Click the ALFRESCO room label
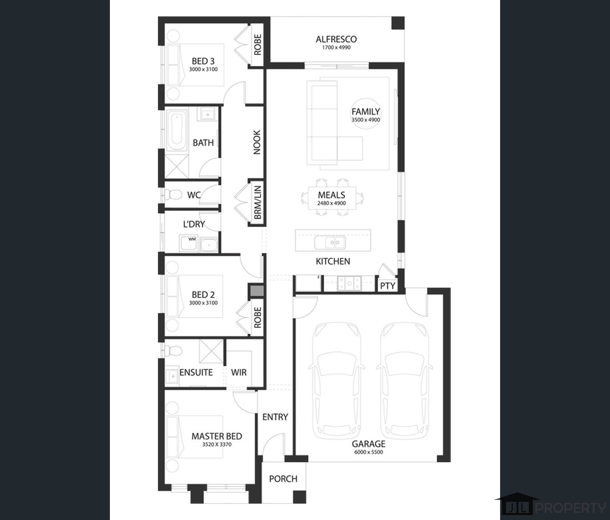(336, 39)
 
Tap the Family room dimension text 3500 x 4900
(366, 120)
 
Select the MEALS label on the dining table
(332, 195)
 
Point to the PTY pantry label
(388, 286)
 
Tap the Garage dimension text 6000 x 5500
(369, 452)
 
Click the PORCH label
(283, 479)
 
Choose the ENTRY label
(275, 417)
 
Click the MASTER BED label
(217, 436)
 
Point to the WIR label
(239, 372)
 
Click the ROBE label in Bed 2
(258, 318)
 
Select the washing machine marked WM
(189, 243)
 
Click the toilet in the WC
(172, 195)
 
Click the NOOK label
(257, 142)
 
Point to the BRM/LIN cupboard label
(258, 202)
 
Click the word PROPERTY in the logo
(571, 508)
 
